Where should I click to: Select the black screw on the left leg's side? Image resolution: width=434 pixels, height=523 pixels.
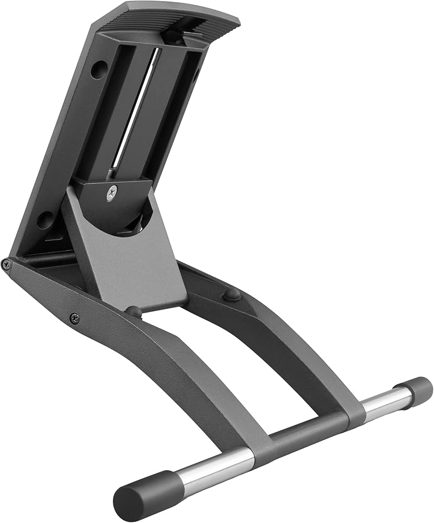pyautogui.click(x=75, y=317)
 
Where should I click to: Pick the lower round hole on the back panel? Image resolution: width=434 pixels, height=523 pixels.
pyautogui.click(x=45, y=220)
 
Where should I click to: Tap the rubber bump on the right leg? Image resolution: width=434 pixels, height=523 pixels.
pyautogui.click(x=232, y=294)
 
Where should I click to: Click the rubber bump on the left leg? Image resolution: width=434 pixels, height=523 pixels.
pyautogui.click(x=134, y=312)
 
